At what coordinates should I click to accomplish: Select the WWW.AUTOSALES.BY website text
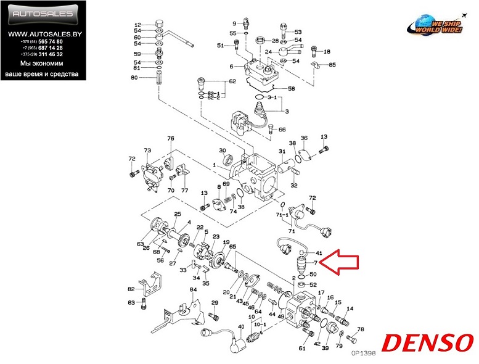pyautogui.click(x=43, y=33)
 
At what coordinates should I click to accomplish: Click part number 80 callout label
pyautogui.click(x=134, y=78)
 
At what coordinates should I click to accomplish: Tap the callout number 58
pyautogui.click(x=292, y=89)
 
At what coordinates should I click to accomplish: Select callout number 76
pyautogui.click(x=171, y=139)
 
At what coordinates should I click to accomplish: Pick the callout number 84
pyautogui.click(x=193, y=290)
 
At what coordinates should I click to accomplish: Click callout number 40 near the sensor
pyautogui.click(x=240, y=326)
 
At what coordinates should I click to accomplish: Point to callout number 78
pyautogui.click(x=361, y=329)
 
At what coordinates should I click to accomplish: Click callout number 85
pyautogui.click(x=332, y=65)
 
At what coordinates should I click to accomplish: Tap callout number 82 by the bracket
pyautogui.click(x=131, y=289)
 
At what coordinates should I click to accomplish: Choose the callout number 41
pyautogui.click(x=319, y=254)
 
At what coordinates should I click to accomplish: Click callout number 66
pyautogui.click(x=282, y=130)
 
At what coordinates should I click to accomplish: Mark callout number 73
pyautogui.click(x=147, y=151)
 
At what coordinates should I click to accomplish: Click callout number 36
pyautogui.click(x=303, y=138)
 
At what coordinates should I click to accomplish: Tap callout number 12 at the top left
pyautogui.click(x=138, y=25)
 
